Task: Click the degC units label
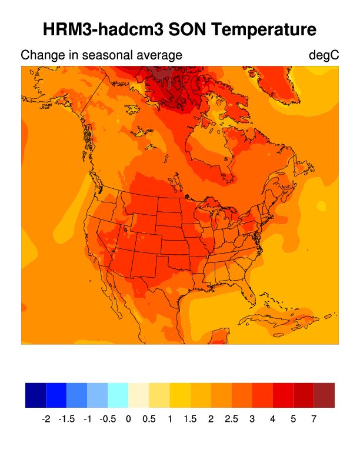(324, 56)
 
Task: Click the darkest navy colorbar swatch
(35, 395)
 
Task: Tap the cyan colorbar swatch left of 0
(118, 395)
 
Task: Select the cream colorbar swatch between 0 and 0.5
(139, 395)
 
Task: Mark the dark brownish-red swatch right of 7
(324, 395)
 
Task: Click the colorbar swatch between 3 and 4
(262, 395)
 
